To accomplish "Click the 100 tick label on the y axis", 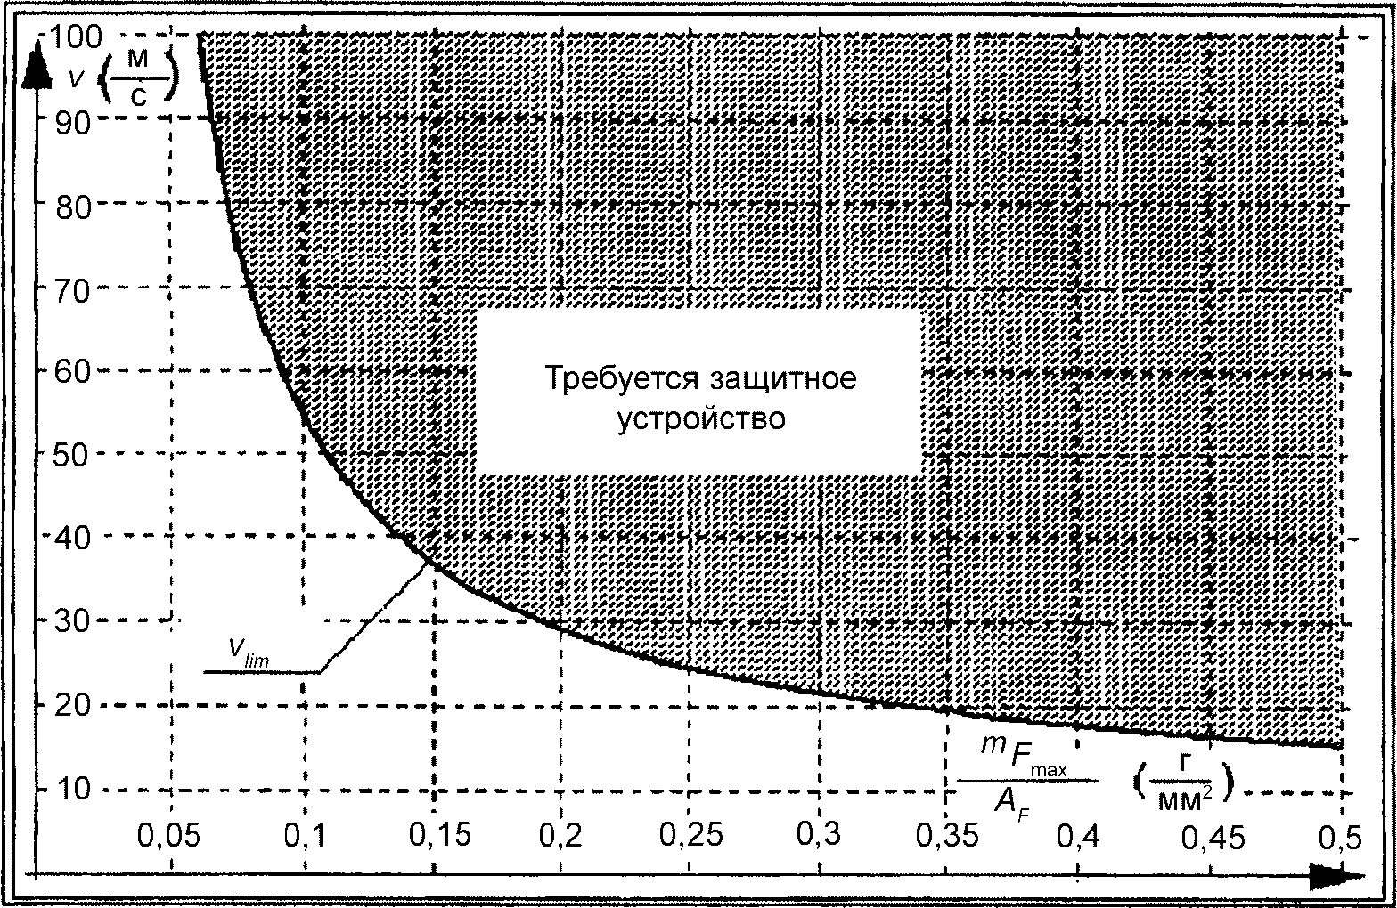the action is click(74, 37).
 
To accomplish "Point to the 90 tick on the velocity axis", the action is click(73, 123).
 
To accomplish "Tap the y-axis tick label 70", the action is click(73, 290).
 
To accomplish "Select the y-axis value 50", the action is click(73, 455).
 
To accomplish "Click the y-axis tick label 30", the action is click(73, 621).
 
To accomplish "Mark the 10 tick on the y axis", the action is click(73, 789).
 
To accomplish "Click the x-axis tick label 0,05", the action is click(169, 836).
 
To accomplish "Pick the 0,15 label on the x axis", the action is click(440, 834).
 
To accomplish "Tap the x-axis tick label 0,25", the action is click(691, 834).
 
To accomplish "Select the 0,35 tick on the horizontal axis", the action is click(947, 835).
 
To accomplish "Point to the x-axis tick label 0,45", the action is click(1213, 837).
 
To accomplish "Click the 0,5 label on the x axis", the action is click(1340, 837).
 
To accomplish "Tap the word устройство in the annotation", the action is click(701, 418).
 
